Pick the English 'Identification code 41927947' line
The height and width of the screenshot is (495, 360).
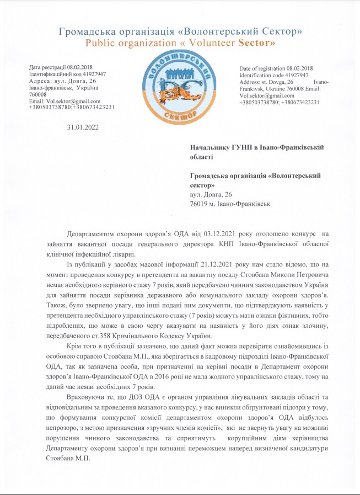tap(274, 74)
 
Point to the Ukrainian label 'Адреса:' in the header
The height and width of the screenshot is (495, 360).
tap(41, 81)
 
